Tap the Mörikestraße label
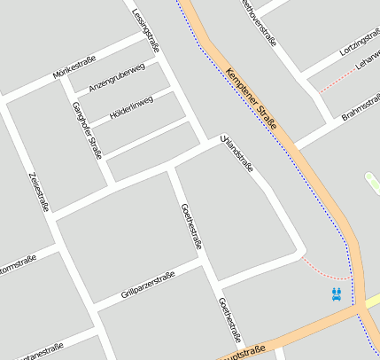pyautogui.click(x=74, y=67)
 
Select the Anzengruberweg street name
pyautogui.click(x=116, y=78)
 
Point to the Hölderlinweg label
pyautogui.click(x=130, y=108)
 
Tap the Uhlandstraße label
pyautogui.click(x=237, y=155)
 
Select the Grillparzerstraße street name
pyautogui.click(x=149, y=284)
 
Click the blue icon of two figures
pyautogui.click(x=336, y=293)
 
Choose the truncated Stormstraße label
pyautogui.click(x=17, y=264)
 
